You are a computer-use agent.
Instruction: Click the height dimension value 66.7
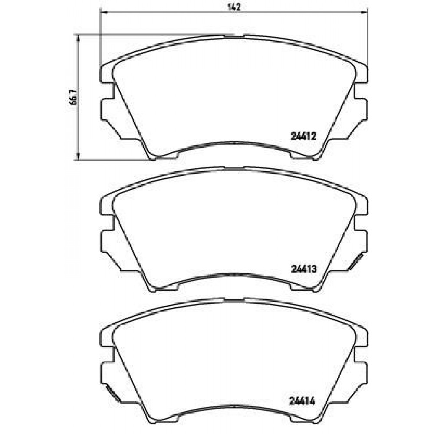[74, 97]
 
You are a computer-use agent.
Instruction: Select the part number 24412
[303, 136]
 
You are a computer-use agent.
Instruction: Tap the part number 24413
[303, 269]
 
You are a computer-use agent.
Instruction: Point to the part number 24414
[302, 401]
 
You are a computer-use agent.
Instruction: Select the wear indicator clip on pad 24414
[113, 394]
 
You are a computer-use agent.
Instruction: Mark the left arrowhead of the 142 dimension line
[103, 12]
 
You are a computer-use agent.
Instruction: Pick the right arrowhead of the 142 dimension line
[364, 12]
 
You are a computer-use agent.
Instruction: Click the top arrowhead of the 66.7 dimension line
[79, 38]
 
